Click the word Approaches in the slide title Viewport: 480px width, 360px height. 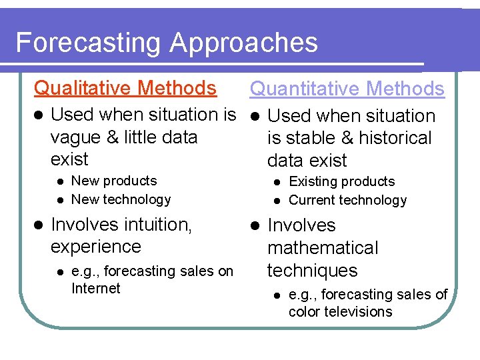(x=243, y=43)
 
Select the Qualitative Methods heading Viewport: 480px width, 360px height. (x=125, y=88)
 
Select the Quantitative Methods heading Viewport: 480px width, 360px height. (x=347, y=89)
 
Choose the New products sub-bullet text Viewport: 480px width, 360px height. (x=114, y=181)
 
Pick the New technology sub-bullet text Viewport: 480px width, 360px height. (x=121, y=199)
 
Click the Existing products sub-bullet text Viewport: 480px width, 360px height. (x=341, y=181)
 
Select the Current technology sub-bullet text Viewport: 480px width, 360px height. (x=347, y=200)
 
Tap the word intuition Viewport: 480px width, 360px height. (x=153, y=225)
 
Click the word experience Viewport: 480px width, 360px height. (x=96, y=247)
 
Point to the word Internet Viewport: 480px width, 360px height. (x=95, y=289)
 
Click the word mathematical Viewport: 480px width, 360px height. (x=323, y=248)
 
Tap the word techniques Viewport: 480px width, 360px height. (x=312, y=271)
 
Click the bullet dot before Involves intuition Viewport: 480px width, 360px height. (x=39, y=225)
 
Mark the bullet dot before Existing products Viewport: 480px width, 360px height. (x=277, y=182)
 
